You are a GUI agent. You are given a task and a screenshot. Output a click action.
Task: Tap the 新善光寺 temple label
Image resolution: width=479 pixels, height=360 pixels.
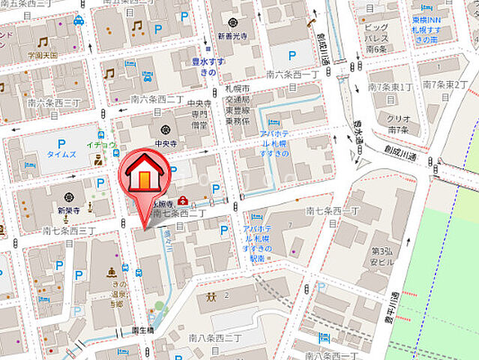click(x=232, y=36)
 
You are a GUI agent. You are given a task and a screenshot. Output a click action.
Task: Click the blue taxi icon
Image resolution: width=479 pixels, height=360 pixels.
click(x=79, y=20)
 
